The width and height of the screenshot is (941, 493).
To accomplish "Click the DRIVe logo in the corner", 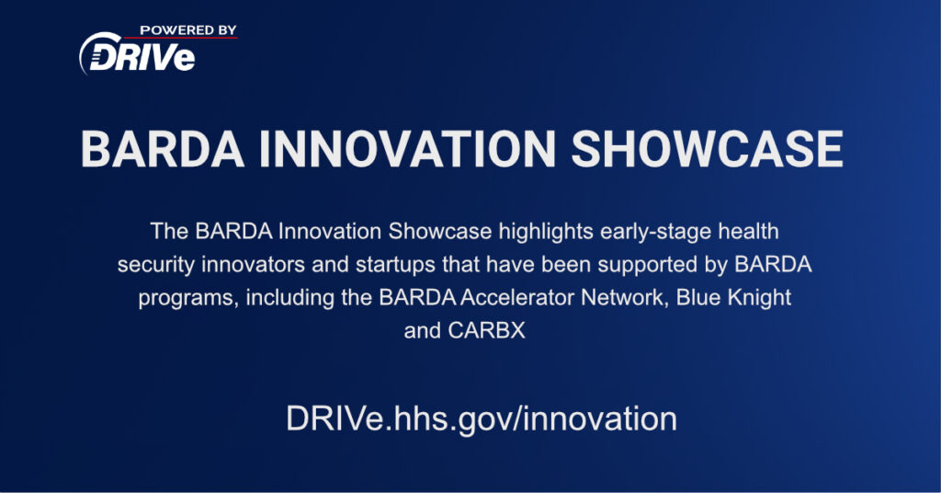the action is click(x=138, y=54).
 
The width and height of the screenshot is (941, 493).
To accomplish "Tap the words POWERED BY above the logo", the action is click(x=188, y=30).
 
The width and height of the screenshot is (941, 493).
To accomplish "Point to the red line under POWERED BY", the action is click(x=181, y=38).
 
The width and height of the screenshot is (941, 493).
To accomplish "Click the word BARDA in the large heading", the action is click(x=163, y=149).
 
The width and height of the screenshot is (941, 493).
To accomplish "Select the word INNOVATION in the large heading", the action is click(x=407, y=149).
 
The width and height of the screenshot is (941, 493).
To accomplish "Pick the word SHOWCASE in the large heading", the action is click(x=707, y=149).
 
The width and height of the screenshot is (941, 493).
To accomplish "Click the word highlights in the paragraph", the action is click(x=546, y=232).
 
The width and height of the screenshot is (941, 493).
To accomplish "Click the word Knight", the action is click(x=759, y=298).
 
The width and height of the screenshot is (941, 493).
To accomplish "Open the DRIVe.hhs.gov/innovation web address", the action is click(x=482, y=418).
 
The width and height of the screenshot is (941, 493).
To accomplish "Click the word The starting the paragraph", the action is click(x=170, y=231).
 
